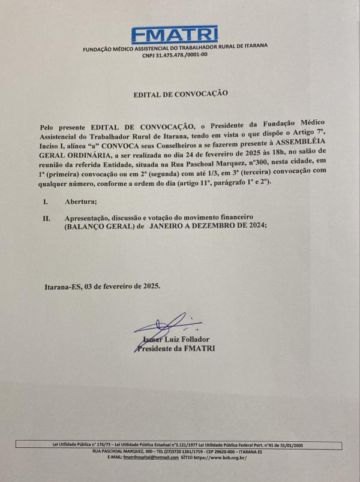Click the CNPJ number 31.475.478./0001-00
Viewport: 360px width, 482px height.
[x=175, y=55]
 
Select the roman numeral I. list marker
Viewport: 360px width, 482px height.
[x=46, y=202]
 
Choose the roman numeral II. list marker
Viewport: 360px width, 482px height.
[x=46, y=219]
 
